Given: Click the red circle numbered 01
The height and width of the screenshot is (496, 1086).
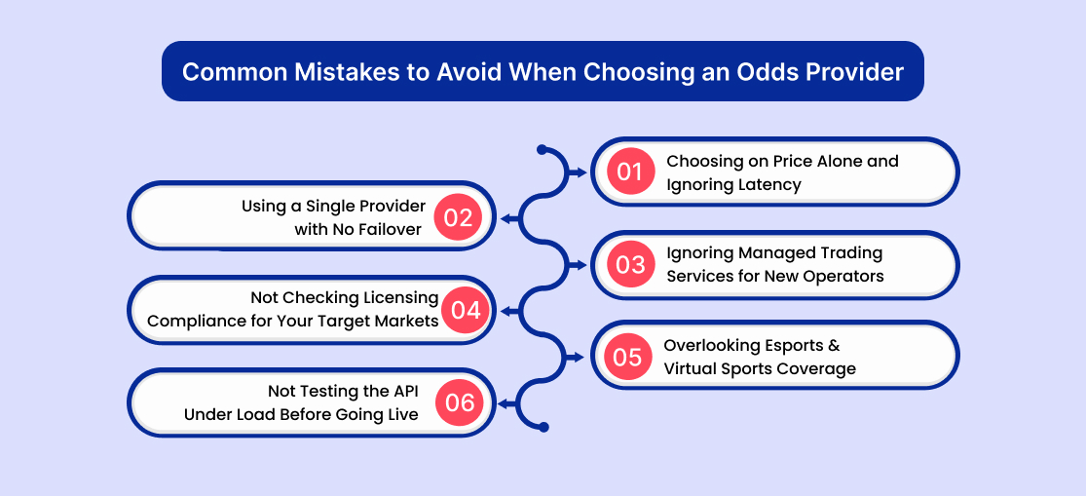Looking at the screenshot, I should pos(630,172).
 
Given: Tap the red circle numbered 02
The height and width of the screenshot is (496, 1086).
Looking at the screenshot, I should pos(458,217).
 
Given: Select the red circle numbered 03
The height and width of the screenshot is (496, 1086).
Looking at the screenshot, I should pos(630,265).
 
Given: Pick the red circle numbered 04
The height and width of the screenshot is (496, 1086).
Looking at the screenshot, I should pos(466,310).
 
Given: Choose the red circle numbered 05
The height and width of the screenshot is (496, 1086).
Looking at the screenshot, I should pos(627,357).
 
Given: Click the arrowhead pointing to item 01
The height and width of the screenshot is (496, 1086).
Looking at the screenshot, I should pos(581,172).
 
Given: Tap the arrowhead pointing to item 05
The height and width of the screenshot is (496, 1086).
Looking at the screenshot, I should pos(581,357).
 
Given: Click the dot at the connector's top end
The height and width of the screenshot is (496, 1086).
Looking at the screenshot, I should pos(543,150).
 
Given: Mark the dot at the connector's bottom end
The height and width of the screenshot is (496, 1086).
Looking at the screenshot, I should pos(543,427).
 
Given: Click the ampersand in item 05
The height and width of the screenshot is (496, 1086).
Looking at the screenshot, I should pos(833,345).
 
